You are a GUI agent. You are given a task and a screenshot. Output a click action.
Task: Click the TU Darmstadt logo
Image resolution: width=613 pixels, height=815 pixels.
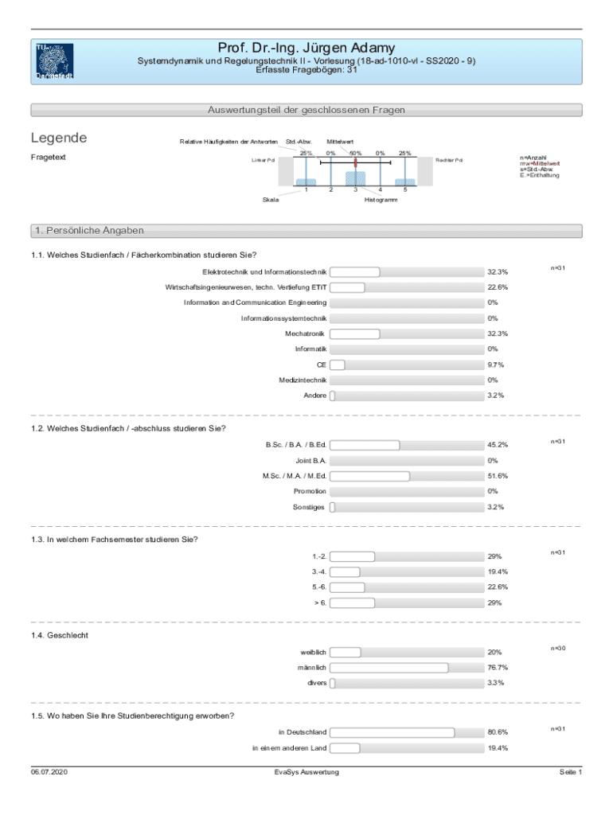click(x=54, y=61)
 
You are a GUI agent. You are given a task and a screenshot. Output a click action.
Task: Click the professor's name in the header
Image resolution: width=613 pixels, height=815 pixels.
click(x=306, y=49)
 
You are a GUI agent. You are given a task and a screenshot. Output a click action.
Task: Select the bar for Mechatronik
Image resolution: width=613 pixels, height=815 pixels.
click(x=354, y=333)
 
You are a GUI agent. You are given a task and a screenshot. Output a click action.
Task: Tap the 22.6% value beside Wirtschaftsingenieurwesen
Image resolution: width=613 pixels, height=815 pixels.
click(x=498, y=287)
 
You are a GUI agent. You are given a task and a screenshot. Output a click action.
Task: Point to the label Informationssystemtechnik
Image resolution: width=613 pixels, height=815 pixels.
click(x=283, y=318)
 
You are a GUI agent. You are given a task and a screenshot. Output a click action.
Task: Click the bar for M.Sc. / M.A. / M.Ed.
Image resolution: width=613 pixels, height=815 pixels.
click(x=369, y=476)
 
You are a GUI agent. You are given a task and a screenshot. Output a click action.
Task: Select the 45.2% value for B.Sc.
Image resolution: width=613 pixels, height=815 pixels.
click(x=498, y=445)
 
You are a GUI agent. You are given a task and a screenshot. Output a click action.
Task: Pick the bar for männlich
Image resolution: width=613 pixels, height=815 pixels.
click(x=388, y=668)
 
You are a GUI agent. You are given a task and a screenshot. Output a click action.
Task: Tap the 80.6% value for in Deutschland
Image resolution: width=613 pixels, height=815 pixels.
click(x=498, y=732)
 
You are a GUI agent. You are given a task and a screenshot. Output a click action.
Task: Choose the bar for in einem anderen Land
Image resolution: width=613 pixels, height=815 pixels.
click(x=344, y=748)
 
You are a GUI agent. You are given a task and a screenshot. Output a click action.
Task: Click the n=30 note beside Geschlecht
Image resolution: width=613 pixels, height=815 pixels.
click(x=558, y=649)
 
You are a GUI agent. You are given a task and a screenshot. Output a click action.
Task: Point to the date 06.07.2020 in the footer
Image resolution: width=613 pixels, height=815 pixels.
click(x=49, y=773)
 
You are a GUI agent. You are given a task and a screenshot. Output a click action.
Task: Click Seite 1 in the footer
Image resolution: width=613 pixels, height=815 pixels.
click(x=571, y=773)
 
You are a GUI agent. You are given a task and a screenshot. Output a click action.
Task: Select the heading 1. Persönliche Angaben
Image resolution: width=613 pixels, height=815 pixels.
click(x=88, y=231)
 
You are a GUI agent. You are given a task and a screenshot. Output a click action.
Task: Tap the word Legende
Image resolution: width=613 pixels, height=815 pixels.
click(x=59, y=138)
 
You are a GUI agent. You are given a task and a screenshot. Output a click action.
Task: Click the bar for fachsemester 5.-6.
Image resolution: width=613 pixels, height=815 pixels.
click(x=347, y=587)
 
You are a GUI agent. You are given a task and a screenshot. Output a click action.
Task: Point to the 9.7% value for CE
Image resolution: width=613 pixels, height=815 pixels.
click(x=496, y=365)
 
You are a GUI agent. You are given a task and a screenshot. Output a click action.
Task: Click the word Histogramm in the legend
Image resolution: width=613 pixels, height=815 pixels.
click(x=381, y=199)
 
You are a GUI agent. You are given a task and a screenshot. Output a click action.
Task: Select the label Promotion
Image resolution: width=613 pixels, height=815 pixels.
click(x=309, y=491)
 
